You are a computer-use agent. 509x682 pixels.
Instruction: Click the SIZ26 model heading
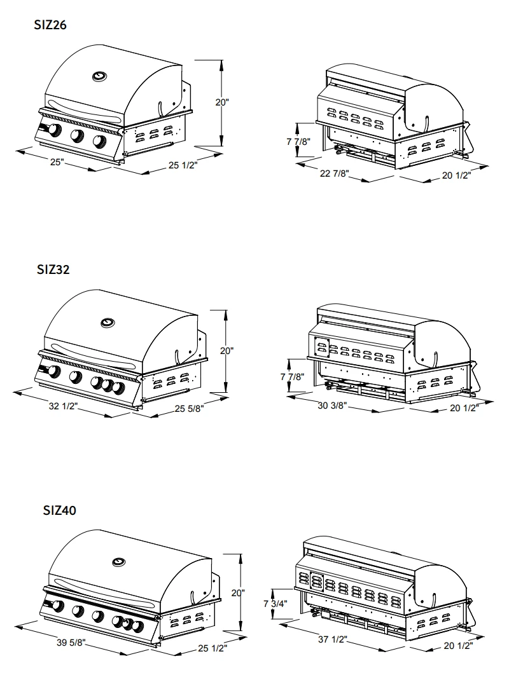[50, 25]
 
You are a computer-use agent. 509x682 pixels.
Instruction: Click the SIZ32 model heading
[53, 269]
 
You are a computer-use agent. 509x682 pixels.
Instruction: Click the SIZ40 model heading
[60, 510]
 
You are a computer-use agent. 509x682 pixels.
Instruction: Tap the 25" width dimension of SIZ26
[57, 162]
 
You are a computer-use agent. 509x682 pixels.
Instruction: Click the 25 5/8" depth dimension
[189, 409]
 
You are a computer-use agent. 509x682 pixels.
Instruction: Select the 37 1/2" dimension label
[332, 639]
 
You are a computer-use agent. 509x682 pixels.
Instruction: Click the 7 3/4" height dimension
[275, 603]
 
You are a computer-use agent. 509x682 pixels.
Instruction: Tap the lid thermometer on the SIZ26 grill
[99, 77]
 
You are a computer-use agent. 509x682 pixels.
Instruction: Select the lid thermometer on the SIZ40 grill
[120, 562]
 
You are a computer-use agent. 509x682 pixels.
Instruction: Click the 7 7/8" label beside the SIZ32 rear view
[293, 376]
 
